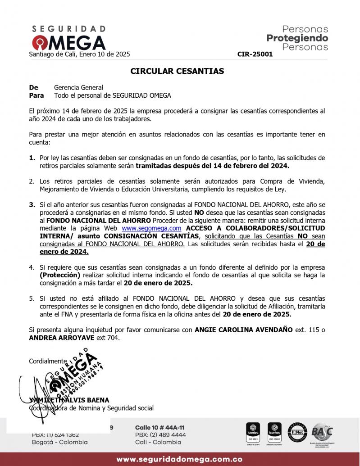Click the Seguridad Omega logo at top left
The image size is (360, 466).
pos(68,38)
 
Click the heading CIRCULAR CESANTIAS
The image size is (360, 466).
pos(177,71)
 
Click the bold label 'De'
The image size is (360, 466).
pos(33,87)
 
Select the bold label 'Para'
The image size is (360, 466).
pos(36,95)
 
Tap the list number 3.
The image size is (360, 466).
pos(32,204)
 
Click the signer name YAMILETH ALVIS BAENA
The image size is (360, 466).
pos(69,400)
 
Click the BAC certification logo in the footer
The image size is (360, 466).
pos(323,432)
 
